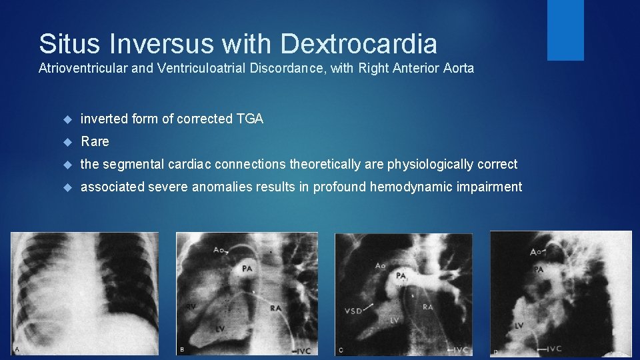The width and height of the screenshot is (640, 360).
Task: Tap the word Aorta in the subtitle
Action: pyautogui.click(x=458, y=68)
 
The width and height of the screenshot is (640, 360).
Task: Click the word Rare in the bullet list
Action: pyautogui.click(x=95, y=141)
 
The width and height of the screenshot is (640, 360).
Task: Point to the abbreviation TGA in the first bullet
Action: pyautogui.click(x=250, y=119)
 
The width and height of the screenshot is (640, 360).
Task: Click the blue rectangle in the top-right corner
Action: pyautogui.click(x=565, y=30)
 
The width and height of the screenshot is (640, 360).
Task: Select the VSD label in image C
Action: pyautogui.click(x=355, y=311)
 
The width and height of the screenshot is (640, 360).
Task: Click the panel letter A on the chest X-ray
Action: pyautogui.click(x=17, y=349)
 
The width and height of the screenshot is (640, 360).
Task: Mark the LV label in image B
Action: pyautogui.click(x=221, y=329)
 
